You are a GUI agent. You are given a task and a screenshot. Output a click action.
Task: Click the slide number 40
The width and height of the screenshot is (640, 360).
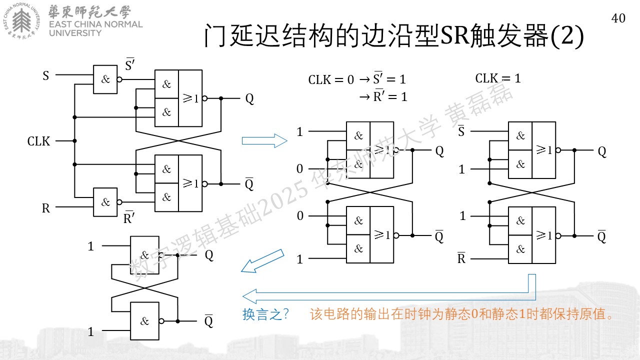click(x=618, y=18)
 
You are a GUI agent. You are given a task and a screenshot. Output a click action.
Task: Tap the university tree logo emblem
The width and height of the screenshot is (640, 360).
click(x=21, y=21)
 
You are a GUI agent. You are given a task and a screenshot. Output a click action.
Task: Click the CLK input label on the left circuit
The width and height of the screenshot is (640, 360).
click(x=38, y=141)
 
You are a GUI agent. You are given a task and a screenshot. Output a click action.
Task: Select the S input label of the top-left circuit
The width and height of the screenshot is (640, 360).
click(x=45, y=75)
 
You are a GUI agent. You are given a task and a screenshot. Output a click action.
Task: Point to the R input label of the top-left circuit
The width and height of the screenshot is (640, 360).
click(x=45, y=208)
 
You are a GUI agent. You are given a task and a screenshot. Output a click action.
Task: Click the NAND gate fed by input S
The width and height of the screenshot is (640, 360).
click(x=105, y=79)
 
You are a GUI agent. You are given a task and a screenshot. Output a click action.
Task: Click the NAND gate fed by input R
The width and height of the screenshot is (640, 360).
click(x=105, y=202)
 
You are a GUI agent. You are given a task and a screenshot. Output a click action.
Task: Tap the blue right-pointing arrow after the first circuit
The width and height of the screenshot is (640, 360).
click(x=264, y=141)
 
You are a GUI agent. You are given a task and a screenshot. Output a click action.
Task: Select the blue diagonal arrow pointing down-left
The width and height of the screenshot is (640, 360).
click(x=262, y=261)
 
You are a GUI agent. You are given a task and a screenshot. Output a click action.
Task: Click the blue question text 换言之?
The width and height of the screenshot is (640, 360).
click(x=265, y=314)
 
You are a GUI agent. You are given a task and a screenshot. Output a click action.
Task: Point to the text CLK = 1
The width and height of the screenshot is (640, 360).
click(x=498, y=78)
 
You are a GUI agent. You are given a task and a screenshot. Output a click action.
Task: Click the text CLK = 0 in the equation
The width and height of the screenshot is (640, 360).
click(x=331, y=79)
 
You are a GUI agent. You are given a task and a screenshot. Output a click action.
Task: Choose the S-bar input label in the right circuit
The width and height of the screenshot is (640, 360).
click(x=461, y=131)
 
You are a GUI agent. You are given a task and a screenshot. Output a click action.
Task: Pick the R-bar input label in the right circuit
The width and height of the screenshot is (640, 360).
click(x=461, y=258)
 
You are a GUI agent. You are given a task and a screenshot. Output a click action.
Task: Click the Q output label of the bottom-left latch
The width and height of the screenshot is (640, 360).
click(x=209, y=255)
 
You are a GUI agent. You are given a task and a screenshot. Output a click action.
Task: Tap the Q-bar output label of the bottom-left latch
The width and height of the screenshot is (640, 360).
click(x=209, y=321)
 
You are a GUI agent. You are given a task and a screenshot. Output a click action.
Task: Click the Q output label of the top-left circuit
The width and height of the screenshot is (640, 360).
click(x=249, y=99)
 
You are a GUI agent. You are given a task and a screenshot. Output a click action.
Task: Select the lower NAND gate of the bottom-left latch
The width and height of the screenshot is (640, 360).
click(x=144, y=321)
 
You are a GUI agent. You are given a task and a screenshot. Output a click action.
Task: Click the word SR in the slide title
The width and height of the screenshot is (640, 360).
click(x=455, y=35)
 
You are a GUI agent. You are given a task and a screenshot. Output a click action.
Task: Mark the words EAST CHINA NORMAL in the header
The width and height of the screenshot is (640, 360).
click(x=95, y=24)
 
